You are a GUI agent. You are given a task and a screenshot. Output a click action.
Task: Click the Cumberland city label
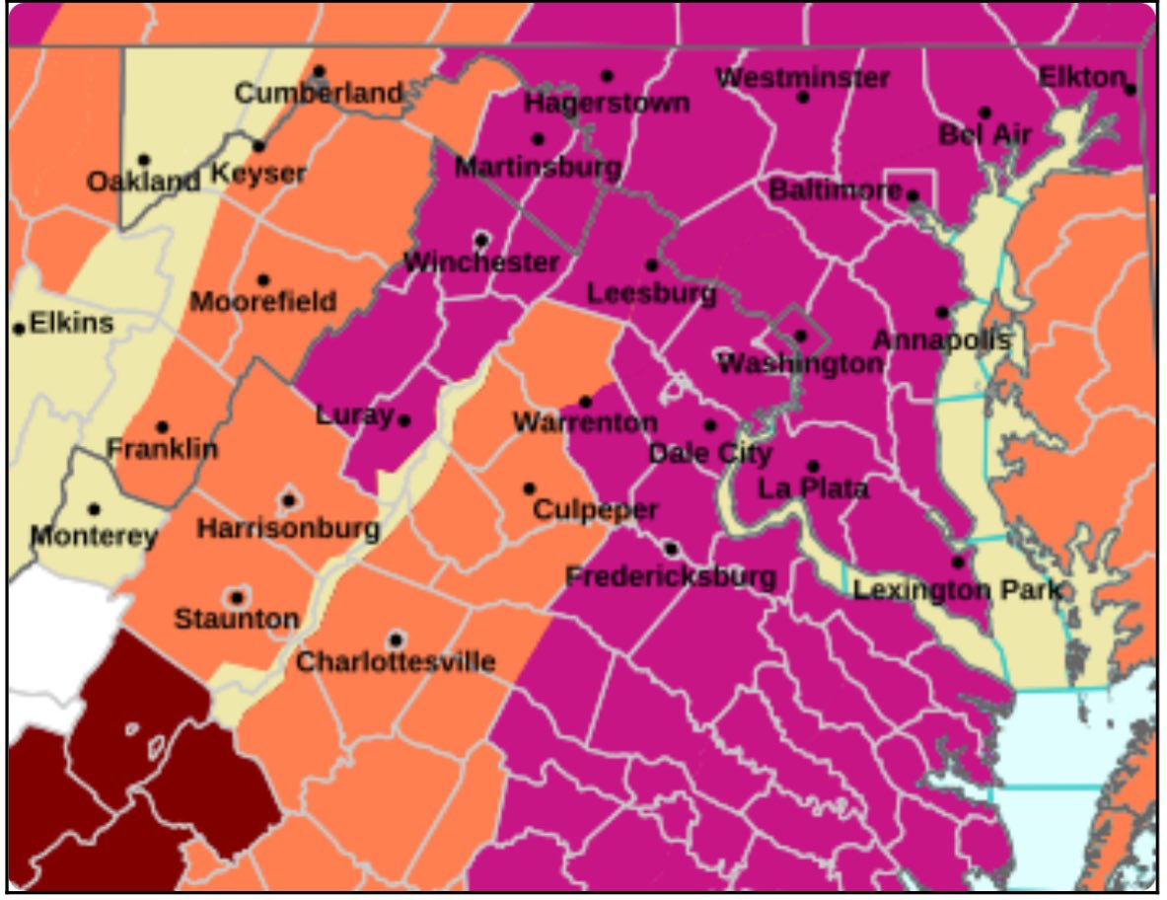point(319,94)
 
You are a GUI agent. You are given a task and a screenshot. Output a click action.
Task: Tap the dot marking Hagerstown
point(607,76)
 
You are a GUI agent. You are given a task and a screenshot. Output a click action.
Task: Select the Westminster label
point(803,78)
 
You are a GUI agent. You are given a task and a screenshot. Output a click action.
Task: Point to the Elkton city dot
point(1131,89)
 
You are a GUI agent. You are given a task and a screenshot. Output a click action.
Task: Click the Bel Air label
point(985,135)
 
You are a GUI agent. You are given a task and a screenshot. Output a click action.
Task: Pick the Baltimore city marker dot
point(912,195)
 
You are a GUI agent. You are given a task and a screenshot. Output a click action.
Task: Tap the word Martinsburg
point(537,167)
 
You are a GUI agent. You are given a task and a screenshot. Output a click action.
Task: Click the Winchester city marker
point(481,240)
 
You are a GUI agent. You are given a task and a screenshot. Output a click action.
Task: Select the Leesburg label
point(651,294)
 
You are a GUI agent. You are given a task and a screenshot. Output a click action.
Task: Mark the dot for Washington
point(800,337)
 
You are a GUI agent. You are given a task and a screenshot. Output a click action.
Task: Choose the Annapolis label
point(941,341)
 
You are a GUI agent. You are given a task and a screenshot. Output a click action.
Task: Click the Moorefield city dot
point(263,280)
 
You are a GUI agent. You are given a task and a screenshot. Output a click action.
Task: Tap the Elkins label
point(71,323)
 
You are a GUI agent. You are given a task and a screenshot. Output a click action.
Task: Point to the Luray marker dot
point(404,420)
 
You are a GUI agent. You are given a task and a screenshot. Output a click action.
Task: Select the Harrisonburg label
point(288,529)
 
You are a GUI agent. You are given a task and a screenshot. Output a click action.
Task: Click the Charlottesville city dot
point(396,640)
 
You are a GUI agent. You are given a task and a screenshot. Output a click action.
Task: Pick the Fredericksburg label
point(671,576)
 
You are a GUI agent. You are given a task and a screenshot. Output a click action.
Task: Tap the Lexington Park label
point(957,590)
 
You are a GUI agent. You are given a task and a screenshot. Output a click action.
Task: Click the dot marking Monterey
point(94,510)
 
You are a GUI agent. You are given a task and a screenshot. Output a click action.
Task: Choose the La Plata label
point(813,487)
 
